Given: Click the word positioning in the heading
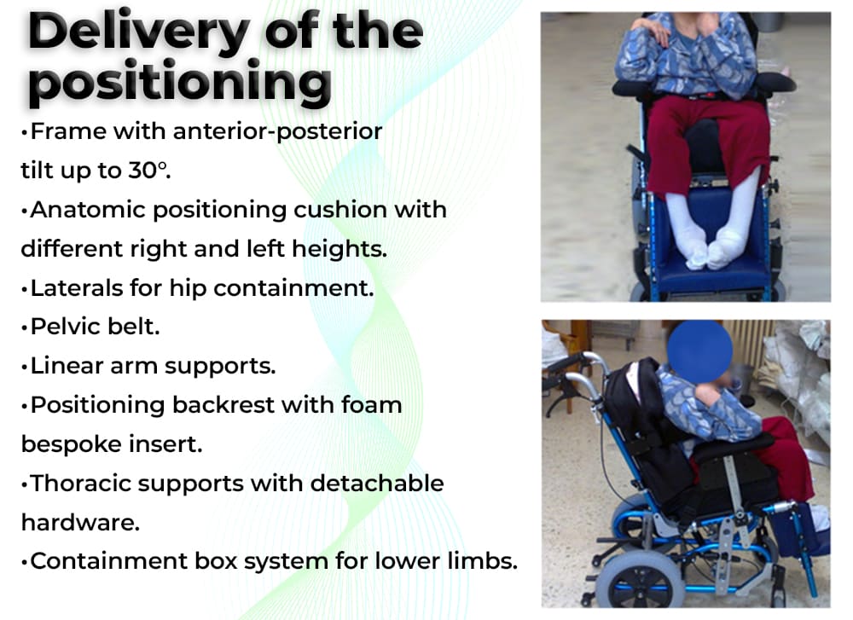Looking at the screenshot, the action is pyautogui.click(x=180, y=83).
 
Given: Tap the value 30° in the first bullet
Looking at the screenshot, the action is pyautogui.click(x=148, y=171).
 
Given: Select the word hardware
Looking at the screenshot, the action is pyautogui.click(x=80, y=522).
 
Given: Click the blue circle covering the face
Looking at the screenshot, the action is pyautogui.click(x=699, y=351).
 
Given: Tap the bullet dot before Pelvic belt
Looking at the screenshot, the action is pyautogui.click(x=24, y=328).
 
